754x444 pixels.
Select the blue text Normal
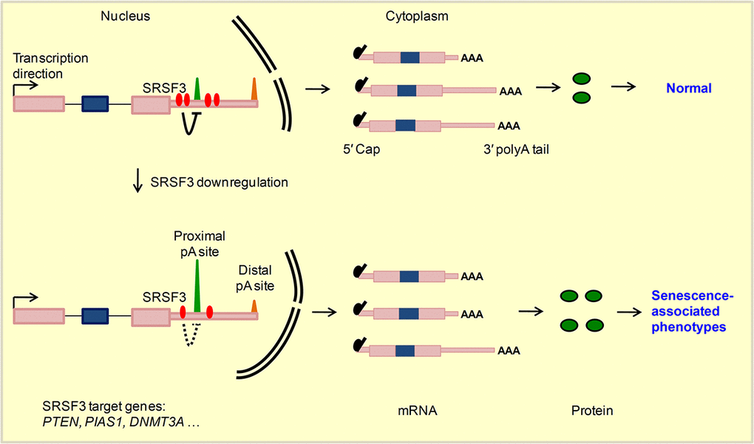pos(688,89)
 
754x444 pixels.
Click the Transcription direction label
pos(50,66)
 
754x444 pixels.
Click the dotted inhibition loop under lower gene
pos(193,335)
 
